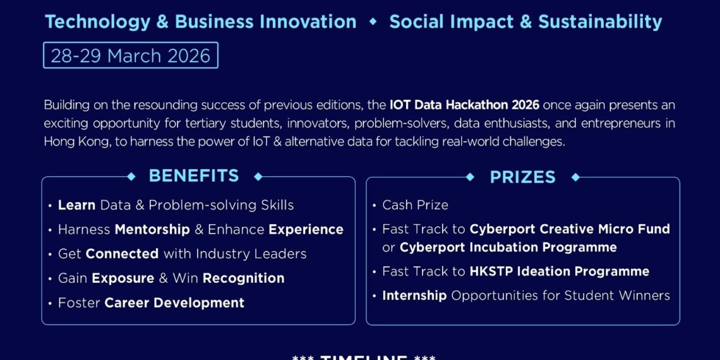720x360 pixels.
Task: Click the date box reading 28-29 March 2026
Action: click(x=130, y=56)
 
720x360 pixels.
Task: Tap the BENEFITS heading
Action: click(x=194, y=176)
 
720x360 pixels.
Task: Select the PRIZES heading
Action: click(x=522, y=177)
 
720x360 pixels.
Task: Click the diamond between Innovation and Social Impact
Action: click(x=373, y=22)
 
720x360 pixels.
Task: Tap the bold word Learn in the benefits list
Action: click(x=76, y=205)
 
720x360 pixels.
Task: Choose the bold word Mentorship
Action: click(x=152, y=230)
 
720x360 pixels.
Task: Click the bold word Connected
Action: click(x=122, y=254)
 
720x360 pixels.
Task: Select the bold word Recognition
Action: click(x=243, y=279)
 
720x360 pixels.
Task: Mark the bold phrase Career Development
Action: click(x=174, y=303)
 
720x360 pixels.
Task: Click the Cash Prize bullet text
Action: click(x=415, y=205)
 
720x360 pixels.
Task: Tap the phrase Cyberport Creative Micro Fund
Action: click(x=570, y=229)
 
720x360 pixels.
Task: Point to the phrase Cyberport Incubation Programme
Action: click(x=508, y=248)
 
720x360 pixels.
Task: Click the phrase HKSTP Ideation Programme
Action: click(x=559, y=272)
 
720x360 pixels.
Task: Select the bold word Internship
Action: click(x=414, y=296)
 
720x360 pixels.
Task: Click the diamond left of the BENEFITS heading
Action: click(x=131, y=177)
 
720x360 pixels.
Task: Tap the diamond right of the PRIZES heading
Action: click(x=575, y=177)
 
